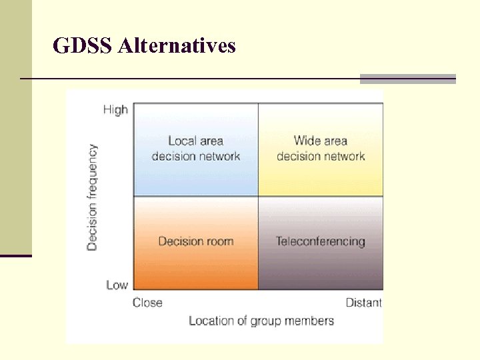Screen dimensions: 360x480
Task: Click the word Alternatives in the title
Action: [177, 46]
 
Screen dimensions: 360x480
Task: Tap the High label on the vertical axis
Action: [115, 110]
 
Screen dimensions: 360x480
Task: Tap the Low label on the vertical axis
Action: [117, 285]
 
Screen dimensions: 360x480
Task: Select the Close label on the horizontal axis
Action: [147, 303]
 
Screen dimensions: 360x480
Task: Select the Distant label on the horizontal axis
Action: [363, 303]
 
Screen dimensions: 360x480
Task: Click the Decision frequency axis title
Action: [92, 197]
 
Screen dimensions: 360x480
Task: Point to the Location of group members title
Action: [261, 321]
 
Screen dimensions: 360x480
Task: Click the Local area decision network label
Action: [195, 149]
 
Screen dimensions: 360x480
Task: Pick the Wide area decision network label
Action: [321, 149]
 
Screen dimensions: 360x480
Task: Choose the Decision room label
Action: [195, 241]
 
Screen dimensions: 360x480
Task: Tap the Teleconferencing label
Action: [321, 241]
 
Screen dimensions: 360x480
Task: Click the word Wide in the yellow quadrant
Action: [307, 141]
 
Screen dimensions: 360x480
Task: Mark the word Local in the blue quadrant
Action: [181, 141]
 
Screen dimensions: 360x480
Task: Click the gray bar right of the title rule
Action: [408, 79]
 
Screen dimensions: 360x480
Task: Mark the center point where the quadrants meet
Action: [258, 196]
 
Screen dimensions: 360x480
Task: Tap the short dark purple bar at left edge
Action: [16, 255]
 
